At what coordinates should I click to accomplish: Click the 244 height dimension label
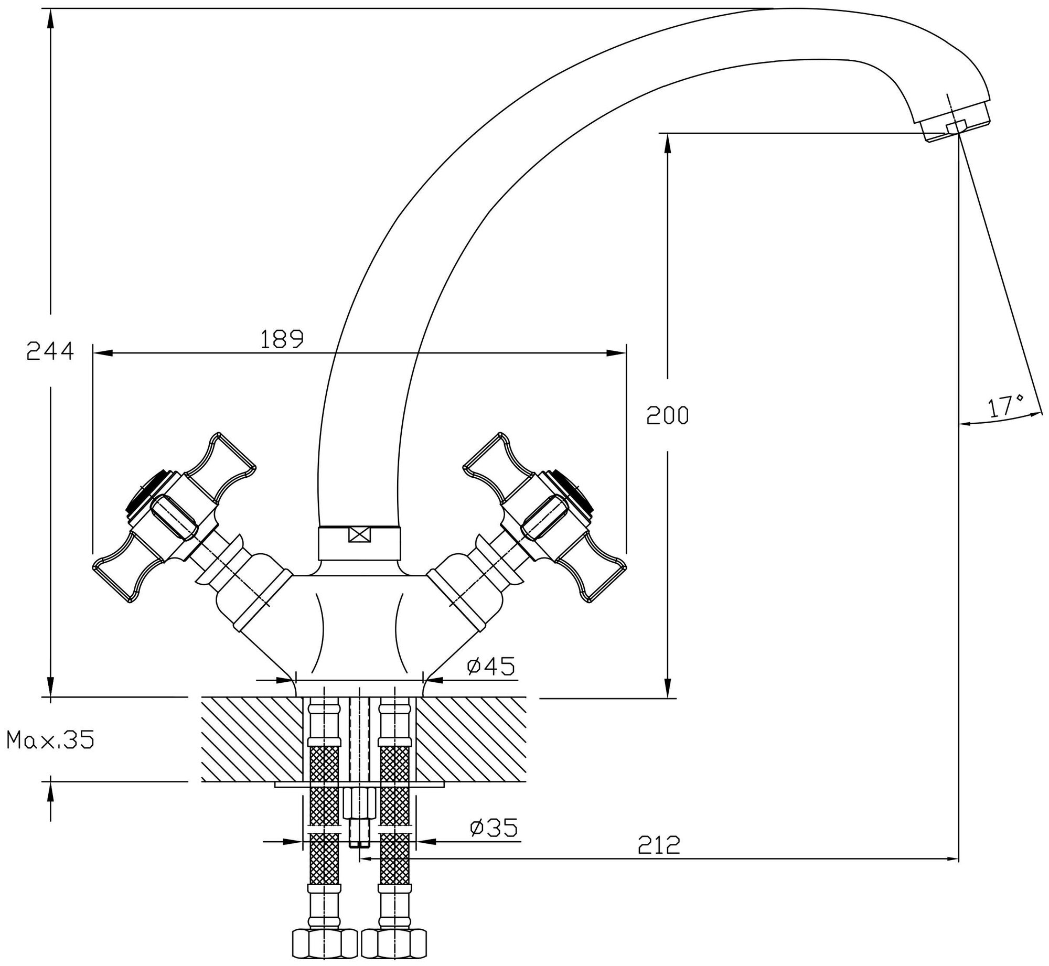(50, 351)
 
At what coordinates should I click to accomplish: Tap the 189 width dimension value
(282, 339)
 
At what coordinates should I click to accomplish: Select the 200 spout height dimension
(667, 416)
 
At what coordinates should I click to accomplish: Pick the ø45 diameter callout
(491, 666)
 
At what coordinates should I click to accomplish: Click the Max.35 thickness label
(50, 740)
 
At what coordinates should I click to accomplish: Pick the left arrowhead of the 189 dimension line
(103, 353)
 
